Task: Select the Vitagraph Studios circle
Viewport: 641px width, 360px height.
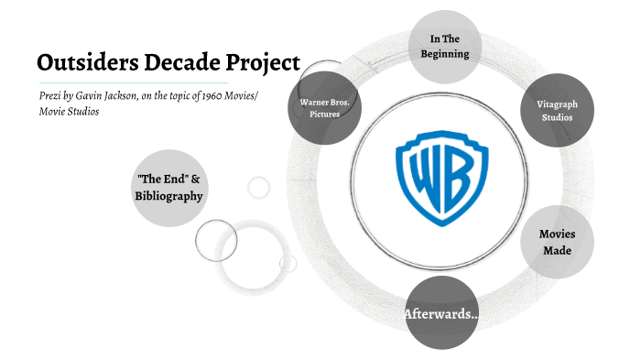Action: click(x=557, y=111)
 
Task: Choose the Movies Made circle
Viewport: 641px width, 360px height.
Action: click(x=557, y=243)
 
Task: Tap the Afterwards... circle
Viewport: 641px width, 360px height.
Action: click(x=441, y=314)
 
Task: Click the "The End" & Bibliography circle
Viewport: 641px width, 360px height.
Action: click(x=168, y=187)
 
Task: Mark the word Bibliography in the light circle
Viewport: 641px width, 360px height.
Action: click(x=168, y=195)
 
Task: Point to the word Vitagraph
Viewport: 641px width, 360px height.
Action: click(x=557, y=104)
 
